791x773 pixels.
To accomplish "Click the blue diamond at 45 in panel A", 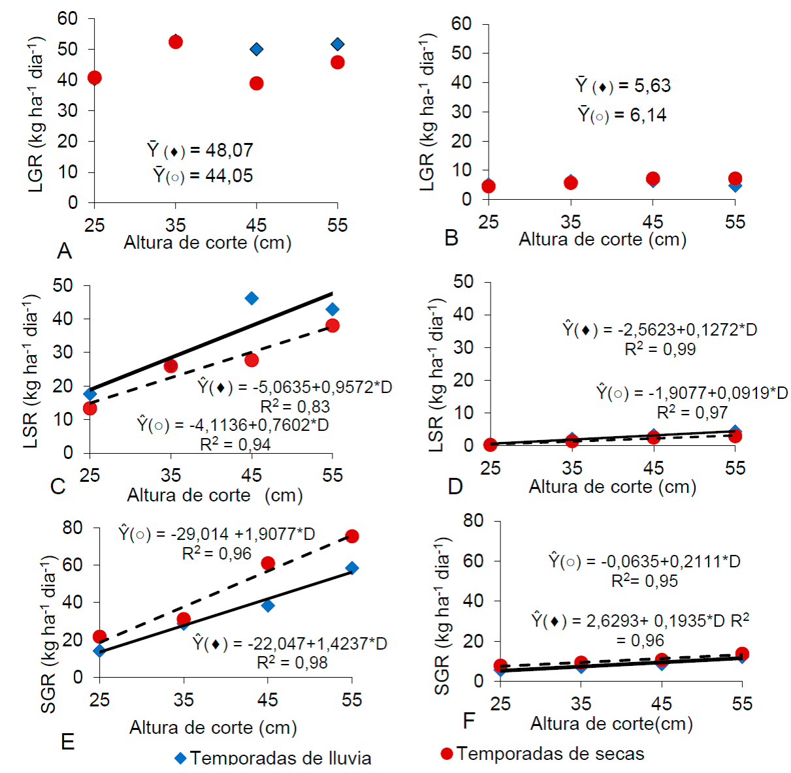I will tap(257, 50).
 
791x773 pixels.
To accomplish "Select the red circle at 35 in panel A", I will tap(175, 42).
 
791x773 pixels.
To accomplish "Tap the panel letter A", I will tap(64, 251).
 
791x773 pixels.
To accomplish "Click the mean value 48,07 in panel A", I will tap(229, 150).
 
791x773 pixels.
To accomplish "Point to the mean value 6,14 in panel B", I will tap(648, 116).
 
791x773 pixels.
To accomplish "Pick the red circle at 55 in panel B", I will tap(735, 178).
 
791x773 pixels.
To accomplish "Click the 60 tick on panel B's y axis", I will tap(461, 24).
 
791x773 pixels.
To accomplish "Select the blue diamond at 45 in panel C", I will tap(251, 298).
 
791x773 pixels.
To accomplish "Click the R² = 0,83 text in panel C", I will tap(295, 407).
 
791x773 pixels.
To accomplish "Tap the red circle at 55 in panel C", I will tap(332, 325).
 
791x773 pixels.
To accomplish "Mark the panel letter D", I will tap(455, 486).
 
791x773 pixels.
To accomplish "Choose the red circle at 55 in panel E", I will tap(352, 536).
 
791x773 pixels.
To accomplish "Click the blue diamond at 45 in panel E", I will tap(268, 606).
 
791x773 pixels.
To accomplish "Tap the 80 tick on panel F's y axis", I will tap(473, 520).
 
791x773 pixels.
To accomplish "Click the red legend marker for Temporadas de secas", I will tap(447, 754).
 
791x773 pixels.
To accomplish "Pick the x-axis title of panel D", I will tap(612, 487).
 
